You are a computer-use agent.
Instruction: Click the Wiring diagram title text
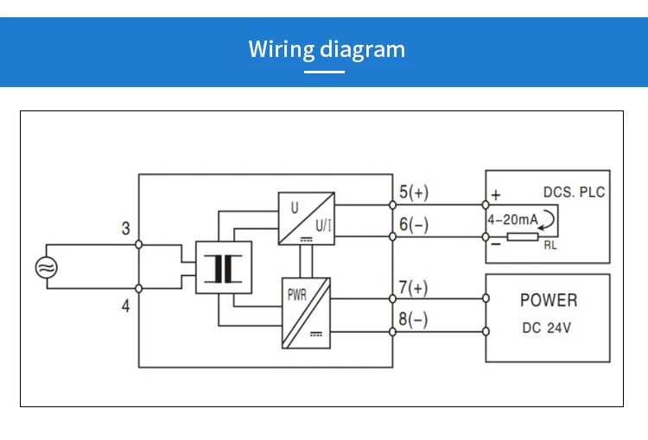pos(327,48)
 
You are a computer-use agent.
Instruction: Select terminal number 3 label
pos(126,229)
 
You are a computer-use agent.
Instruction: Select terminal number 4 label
pos(126,305)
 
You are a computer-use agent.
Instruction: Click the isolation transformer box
pos(224,267)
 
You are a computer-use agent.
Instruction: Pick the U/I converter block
pos(306,219)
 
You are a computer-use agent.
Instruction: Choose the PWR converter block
pos(306,312)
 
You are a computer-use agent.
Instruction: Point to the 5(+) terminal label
pos(413,192)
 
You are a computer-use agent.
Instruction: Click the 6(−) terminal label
pos(413,225)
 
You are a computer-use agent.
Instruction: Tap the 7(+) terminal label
pos(413,286)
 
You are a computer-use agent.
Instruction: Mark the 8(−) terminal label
pos(413,319)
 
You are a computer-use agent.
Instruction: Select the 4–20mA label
pos(512,220)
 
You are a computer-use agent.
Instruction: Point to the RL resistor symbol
pos(524,236)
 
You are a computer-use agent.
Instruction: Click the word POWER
pos(548,300)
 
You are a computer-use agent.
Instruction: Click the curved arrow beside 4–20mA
pos(548,223)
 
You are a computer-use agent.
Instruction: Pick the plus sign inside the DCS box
pos(496,195)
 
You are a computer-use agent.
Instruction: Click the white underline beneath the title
pos(325,72)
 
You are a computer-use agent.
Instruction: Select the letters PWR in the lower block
pos(296,294)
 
